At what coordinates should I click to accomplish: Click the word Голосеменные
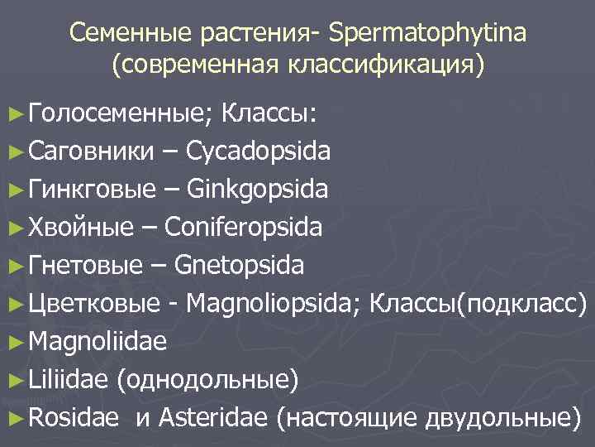[x=121, y=114]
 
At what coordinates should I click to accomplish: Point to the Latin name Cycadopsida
[x=259, y=152]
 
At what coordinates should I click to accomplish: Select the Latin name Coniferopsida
[x=244, y=228]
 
